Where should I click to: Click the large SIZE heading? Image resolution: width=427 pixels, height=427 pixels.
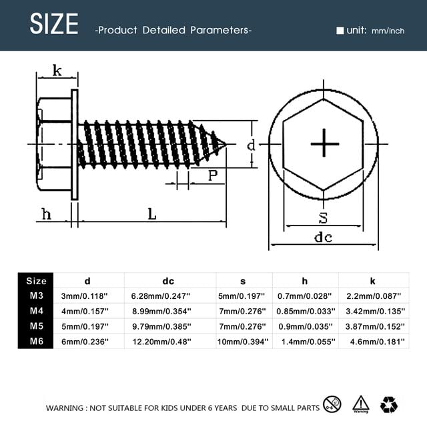click(x=54, y=24)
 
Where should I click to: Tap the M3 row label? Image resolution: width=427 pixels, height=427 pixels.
click(x=37, y=296)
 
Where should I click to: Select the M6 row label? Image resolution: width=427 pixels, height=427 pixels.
click(x=37, y=341)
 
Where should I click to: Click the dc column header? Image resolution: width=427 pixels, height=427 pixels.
click(x=168, y=281)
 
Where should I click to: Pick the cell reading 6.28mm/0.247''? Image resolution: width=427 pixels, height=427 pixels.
click(x=160, y=296)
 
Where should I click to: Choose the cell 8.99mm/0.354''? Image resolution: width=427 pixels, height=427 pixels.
click(x=161, y=311)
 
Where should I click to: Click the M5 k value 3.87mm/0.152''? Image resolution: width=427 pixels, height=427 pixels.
click(x=375, y=326)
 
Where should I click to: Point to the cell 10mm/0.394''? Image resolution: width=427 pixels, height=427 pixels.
click(x=243, y=342)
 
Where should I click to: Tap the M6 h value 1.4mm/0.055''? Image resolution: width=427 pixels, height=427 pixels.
click(x=308, y=342)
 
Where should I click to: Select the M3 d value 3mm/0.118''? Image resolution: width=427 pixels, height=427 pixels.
click(x=85, y=296)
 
